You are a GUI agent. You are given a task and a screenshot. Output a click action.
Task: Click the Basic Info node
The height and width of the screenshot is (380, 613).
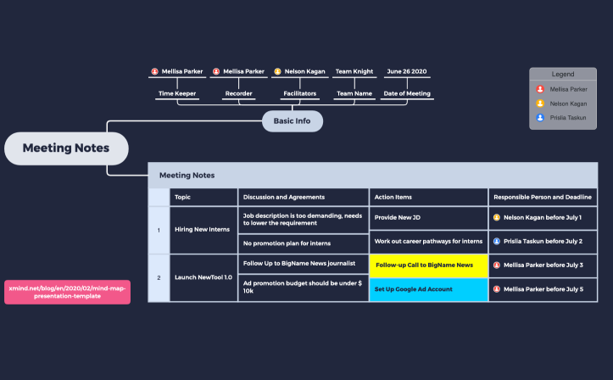293,121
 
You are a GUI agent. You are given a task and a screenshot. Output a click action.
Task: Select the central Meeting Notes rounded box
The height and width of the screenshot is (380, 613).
66,148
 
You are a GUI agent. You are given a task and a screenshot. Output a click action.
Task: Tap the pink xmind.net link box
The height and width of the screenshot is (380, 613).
67,292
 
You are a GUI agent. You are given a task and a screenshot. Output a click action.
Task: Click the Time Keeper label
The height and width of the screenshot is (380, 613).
177,93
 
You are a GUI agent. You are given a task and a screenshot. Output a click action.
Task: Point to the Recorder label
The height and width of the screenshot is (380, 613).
238,93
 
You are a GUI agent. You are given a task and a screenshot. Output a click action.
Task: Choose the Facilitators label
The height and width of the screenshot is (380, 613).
300,93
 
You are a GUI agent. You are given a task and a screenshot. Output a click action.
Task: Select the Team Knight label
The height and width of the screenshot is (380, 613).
354,71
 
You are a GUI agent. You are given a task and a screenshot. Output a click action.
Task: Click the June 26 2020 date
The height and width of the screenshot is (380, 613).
407,71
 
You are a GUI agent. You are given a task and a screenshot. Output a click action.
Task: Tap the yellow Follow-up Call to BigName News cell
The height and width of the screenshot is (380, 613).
428,265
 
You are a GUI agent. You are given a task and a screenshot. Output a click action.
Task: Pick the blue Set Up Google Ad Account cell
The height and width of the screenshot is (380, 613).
428,290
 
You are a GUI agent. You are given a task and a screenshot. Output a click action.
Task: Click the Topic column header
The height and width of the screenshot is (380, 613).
203,197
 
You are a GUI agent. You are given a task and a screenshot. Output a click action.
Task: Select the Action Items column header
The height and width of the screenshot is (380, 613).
428,197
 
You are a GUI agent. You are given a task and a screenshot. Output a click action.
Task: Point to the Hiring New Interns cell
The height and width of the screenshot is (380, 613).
203,230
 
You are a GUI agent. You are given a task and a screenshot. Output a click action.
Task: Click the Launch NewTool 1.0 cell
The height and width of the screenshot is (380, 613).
203,278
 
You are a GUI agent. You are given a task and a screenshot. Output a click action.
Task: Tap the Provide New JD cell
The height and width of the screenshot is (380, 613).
428,218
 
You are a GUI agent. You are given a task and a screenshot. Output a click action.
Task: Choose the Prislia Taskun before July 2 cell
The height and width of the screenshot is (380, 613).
543,242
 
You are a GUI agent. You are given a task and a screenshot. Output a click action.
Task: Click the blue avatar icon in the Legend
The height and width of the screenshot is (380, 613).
540,117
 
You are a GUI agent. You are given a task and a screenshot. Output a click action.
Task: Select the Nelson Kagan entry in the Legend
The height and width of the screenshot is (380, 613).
562,103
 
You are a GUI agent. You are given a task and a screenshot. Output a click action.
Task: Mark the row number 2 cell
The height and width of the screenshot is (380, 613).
159,278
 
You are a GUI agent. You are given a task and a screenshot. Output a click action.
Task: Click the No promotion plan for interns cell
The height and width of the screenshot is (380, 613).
303,243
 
